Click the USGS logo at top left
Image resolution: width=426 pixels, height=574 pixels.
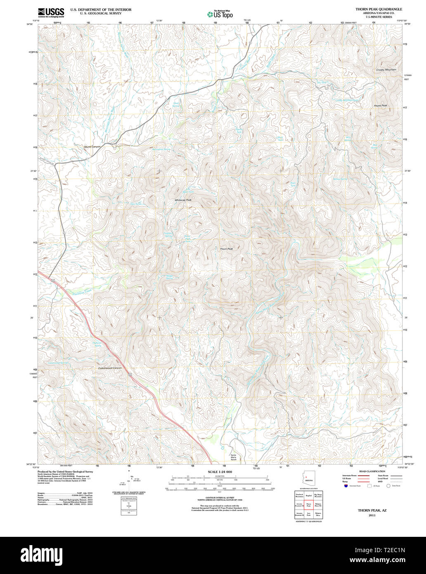(x=51, y=12)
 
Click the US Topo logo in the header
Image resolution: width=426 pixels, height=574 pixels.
(x=220, y=14)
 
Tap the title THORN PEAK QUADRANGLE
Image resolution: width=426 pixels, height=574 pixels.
(x=379, y=9)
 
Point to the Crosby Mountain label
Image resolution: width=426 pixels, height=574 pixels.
(x=386, y=70)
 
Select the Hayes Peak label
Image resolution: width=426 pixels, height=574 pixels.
(x=380, y=106)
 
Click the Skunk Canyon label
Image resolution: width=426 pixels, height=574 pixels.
(x=92, y=147)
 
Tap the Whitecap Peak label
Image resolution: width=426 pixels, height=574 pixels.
(x=183, y=200)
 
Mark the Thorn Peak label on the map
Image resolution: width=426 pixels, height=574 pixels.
(x=226, y=249)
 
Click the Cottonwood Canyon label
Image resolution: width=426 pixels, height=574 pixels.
(x=110, y=368)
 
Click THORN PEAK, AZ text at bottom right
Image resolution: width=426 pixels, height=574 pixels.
(x=366, y=511)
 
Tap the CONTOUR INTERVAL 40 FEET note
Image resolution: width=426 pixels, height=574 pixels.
(x=220, y=497)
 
